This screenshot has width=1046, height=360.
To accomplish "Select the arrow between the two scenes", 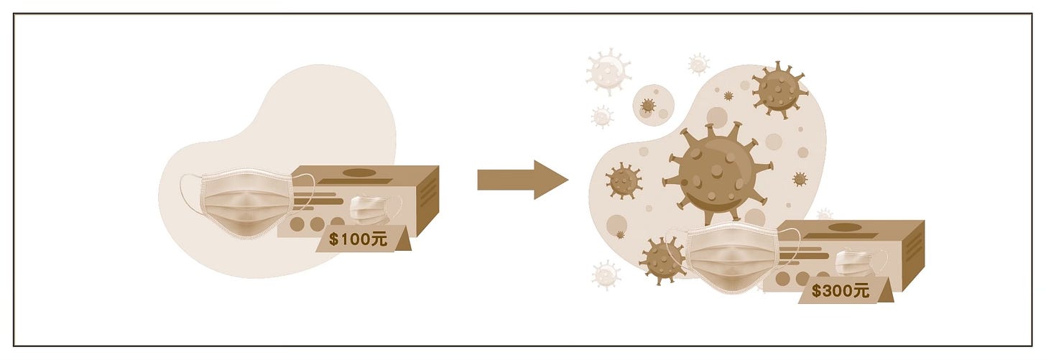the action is click(x=522, y=180).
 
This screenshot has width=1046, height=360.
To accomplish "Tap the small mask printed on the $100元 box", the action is click(x=373, y=209).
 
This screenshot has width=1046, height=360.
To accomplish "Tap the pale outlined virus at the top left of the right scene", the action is click(x=608, y=70).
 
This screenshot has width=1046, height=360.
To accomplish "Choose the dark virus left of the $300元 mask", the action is click(x=660, y=260).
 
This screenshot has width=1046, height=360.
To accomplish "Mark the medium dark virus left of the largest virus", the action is click(x=624, y=180).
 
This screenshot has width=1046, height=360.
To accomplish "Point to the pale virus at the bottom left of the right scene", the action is click(x=606, y=274).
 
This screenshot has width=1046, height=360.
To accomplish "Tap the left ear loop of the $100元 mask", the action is click(x=188, y=194).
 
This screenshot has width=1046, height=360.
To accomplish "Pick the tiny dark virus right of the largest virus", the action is click(x=800, y=179).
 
